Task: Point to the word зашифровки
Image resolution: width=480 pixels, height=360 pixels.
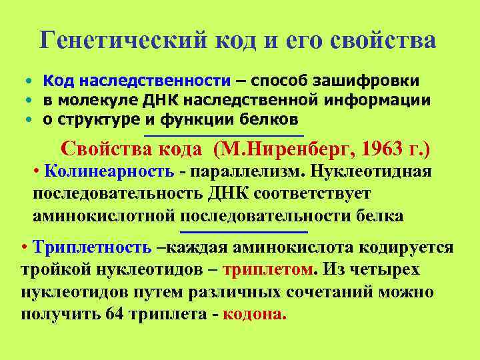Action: click(x=373, y=81)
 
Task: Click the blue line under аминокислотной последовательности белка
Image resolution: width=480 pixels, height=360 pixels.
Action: click(x=264, y=231)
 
